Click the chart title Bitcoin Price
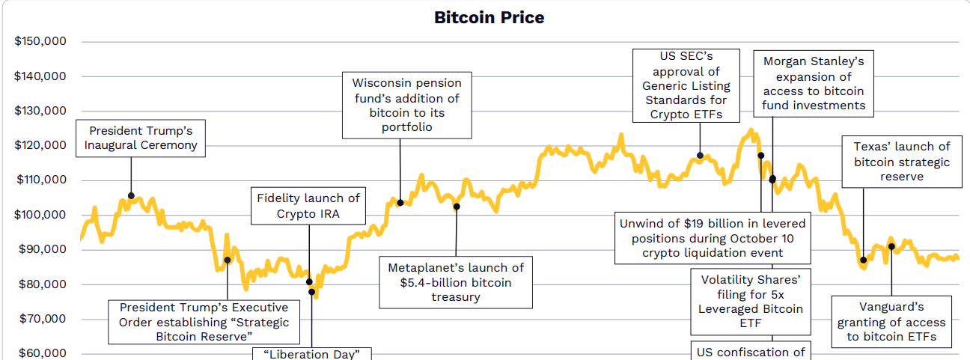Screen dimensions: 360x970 point(489,17)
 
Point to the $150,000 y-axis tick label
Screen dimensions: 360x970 point(40,41)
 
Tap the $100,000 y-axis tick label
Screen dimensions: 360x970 point(40,215)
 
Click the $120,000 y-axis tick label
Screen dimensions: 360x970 point(40,145)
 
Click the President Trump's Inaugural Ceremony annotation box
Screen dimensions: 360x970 point(140,138)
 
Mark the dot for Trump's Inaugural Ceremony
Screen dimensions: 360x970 point(131,196)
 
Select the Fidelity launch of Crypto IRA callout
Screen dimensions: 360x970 point(308,206)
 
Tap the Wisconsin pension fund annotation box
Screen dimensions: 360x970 point(407,105)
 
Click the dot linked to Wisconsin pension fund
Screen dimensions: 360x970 point(400,203)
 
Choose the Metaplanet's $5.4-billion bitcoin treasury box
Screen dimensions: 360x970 point(456,282)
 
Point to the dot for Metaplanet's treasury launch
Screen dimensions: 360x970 point(457,207)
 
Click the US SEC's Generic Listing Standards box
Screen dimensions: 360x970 point(686,85)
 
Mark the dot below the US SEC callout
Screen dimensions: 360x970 point(700,156)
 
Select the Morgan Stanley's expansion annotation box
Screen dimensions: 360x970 point(814,83)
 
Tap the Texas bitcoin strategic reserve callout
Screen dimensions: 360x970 point(902,162)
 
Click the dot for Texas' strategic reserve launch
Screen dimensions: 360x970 point(863,260)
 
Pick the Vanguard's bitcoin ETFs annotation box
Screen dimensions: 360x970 point(891,322)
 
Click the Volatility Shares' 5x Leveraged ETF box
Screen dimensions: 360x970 point(751,302)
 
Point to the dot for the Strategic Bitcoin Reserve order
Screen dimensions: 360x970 point(228,260)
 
